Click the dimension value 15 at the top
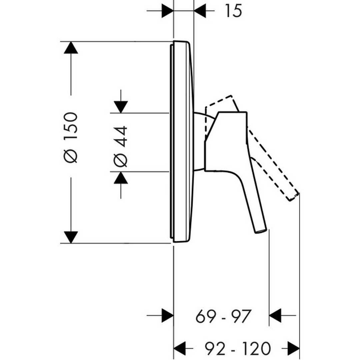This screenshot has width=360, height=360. tap(233, 11)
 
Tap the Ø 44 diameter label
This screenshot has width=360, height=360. tap(121, 146)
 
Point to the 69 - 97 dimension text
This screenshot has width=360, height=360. tap(223, 316)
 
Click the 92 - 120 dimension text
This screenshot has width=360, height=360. tap(237, 348)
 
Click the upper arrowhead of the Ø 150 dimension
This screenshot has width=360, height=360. tap(71, 48)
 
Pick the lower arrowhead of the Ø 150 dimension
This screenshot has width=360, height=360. tap(71, 237)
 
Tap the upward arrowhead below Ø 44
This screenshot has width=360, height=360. tap(121, 178)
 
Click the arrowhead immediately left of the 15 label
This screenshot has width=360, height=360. tap(200, 11)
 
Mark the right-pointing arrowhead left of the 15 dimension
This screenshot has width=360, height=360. tap(167, 11)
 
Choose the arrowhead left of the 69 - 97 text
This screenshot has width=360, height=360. tap(167, 315)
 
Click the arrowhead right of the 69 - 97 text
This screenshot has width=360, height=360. tap(275, 315)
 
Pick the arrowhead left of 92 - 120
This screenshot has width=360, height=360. tap(180, 348)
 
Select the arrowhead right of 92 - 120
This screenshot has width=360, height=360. tap(293, 348)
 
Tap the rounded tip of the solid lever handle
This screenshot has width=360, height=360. tap(261, 231)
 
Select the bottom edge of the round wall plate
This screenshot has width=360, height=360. tap(180, 242)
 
